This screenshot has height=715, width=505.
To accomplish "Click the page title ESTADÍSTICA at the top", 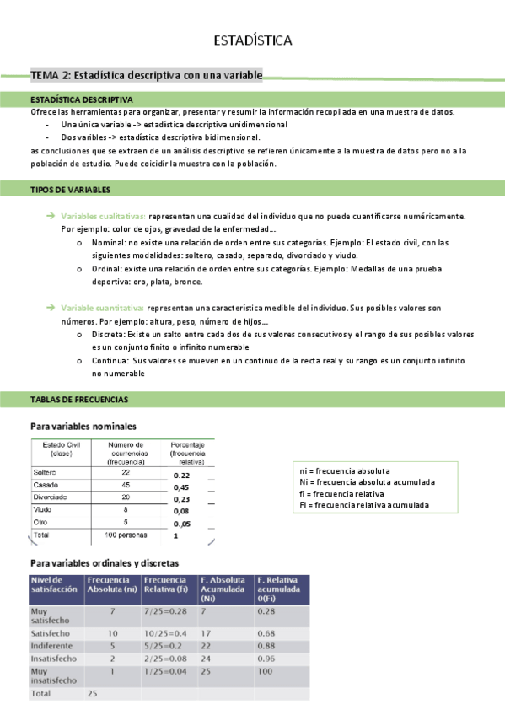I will (x=252, y=40).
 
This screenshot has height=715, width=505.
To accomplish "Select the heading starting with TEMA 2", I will (x=146, y=76).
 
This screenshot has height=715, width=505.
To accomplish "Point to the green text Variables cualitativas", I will (x=104, y=217).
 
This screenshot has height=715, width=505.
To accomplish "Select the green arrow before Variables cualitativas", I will (x=51, y=217).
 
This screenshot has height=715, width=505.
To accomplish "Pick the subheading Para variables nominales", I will (x=83, y=427).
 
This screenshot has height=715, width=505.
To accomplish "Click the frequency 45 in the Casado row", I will (x=126, y=486).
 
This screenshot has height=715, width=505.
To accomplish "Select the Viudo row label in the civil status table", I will (x=42, y=509).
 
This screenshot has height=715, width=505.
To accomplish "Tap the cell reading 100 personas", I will (x=126, y=535).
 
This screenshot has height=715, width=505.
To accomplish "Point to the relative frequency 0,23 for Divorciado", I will (x=181, y=499).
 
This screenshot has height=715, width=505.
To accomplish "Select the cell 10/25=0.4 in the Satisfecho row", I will (x=164, y=632).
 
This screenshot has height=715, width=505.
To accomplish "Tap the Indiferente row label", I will (x=52, y=646).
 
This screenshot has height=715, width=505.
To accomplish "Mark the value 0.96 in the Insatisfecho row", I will (x=267, y=659).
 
